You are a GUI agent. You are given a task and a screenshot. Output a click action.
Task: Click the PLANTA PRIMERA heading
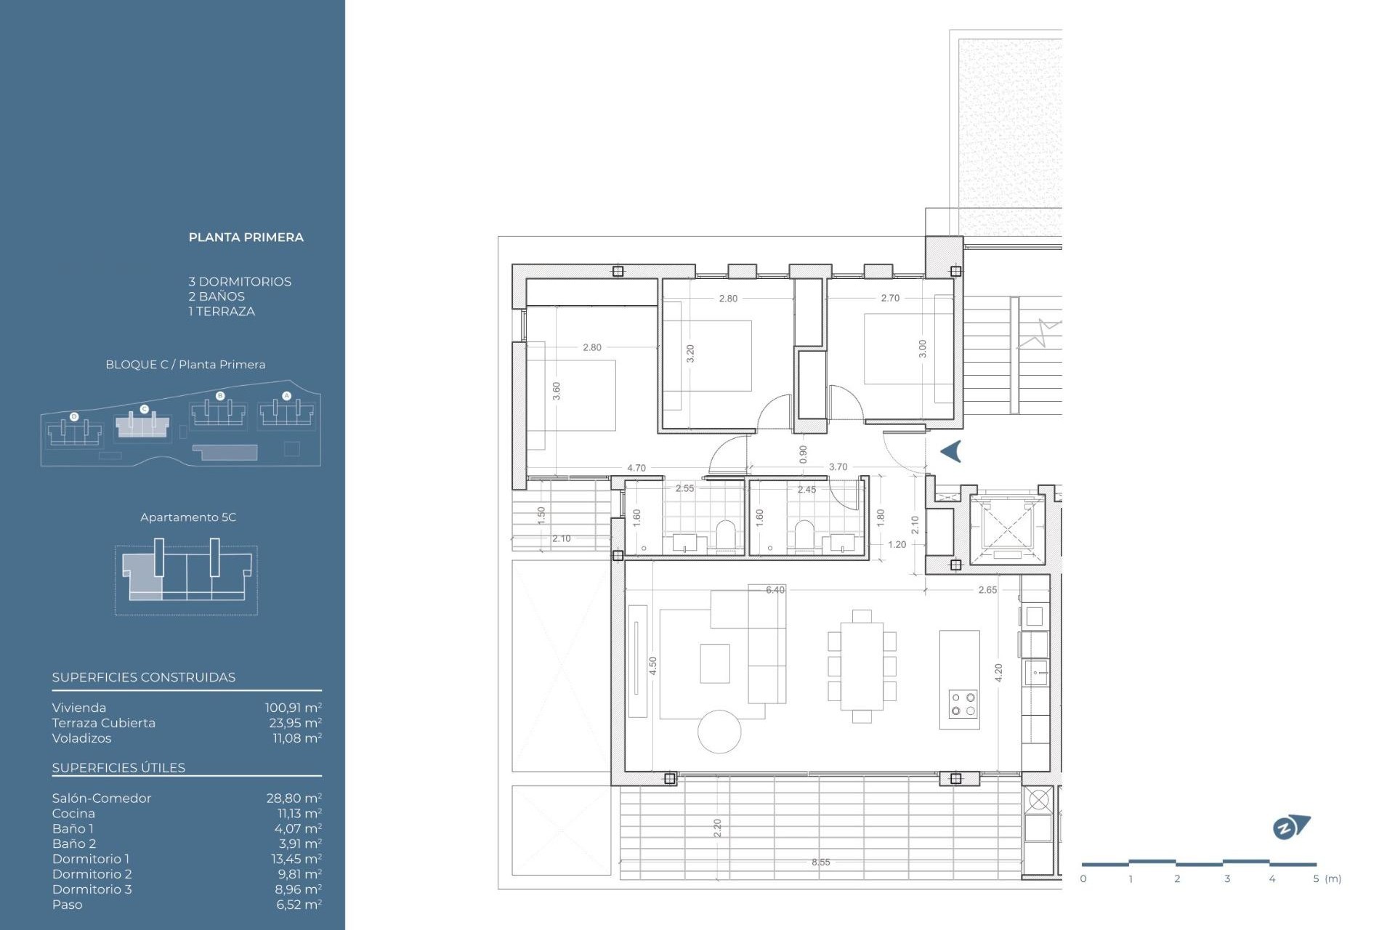[x=246, y=238]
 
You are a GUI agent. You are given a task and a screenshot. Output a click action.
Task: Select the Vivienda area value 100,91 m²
[x=293, y=708]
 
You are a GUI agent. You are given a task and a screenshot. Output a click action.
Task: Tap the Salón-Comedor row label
[x=102, y=798]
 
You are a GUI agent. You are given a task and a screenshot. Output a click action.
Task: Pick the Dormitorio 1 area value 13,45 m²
[x=296, y=860]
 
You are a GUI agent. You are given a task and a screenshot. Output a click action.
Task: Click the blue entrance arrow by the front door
[x=951, y=451]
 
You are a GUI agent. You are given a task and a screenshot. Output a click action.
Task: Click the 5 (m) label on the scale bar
[x=1327, y=879]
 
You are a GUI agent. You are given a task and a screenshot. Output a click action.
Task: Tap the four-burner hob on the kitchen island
[x=963, y=704]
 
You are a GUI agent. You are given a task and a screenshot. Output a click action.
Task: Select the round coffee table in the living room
[x=719, y=732]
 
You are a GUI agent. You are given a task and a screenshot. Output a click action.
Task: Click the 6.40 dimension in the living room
[x=775, y=590]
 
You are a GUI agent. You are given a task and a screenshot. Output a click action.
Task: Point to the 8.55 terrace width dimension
[x=820, y=862]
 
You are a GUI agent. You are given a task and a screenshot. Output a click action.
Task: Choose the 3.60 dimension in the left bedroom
[x=557, y=391]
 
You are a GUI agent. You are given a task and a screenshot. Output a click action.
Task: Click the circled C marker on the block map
[x=144, y=410]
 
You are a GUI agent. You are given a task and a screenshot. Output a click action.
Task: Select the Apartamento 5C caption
[x=188, y=517]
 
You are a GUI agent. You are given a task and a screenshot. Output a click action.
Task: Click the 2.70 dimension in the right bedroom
[x=890, y=298]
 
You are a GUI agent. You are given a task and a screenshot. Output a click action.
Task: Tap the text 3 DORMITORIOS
[x=240, y=282]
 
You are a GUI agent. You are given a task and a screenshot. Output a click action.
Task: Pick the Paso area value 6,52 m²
[x=298, y=905]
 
